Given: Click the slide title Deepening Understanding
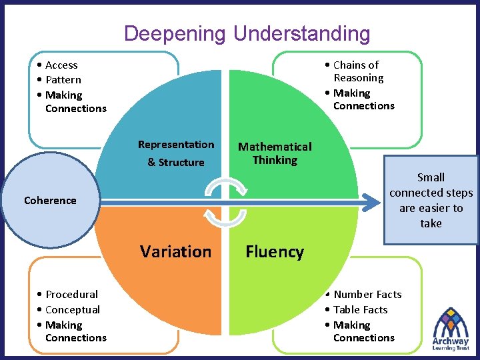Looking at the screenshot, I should coord(247,33).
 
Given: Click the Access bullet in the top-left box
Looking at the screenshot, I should coord(61,65).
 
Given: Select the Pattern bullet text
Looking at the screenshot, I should coord(63,79).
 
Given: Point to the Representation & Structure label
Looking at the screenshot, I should coord(176,153).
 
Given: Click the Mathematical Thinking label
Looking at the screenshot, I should coord(275,153).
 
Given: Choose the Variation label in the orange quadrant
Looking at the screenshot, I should coord(175,251).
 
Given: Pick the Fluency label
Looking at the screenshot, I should coord(275,251).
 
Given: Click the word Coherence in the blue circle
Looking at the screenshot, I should coord(50,200).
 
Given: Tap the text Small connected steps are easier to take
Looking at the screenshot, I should coord(431,200).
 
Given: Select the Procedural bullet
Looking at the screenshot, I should coord(71,294).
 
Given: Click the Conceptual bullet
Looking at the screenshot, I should coord(72,309).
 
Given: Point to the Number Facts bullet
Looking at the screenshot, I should coord(367,294).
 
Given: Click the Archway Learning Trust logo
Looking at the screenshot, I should coord(451,329).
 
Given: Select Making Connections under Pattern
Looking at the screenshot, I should coord(75,101).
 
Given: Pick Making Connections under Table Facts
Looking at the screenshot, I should coord(363,331).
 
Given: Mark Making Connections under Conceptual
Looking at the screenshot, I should coord(75,331).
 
